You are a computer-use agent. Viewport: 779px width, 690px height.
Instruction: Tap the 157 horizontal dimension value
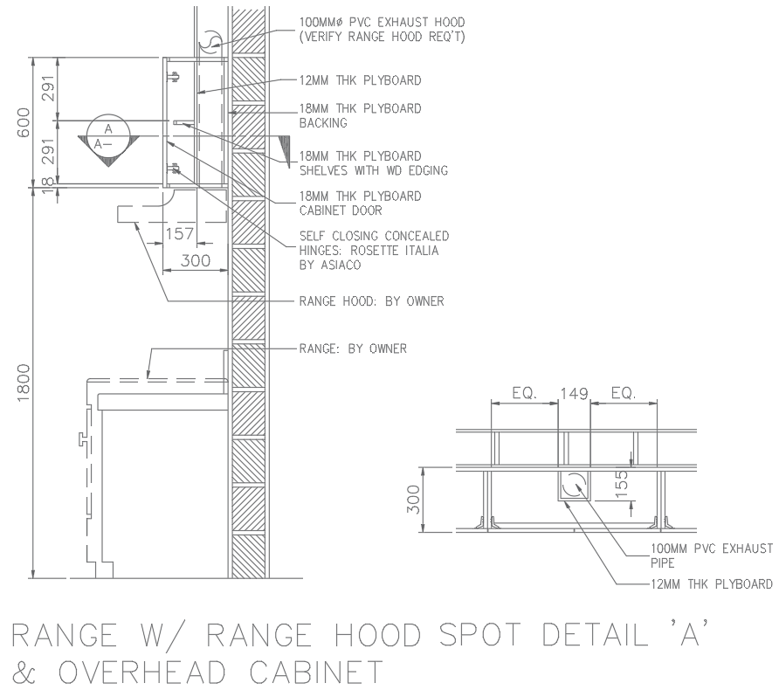pos(179,233)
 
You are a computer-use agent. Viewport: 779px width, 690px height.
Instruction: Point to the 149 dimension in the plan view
pos(574,394)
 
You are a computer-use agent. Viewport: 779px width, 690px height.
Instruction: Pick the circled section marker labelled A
pos(108,135)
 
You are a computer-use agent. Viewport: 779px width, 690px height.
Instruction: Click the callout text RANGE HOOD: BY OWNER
pos(371,301)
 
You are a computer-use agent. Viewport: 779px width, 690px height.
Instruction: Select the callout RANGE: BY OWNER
pos(352,348)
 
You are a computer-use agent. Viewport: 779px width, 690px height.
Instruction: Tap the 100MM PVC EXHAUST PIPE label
pos(710,555)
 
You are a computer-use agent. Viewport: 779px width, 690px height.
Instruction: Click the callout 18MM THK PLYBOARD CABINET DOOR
pos(360,203)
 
